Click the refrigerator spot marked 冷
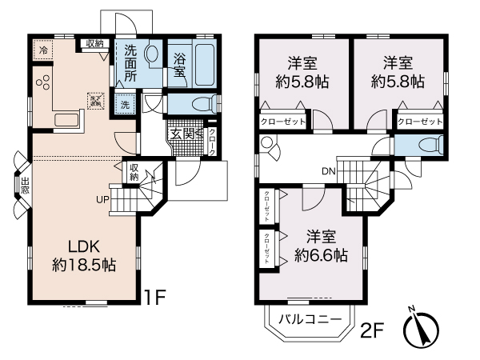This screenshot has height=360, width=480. pyautogui.click(x=42, y=49)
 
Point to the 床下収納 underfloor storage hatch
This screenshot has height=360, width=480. pyautogui.click(x=96, y=100)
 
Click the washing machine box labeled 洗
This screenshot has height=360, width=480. pyautogui.click(x=125, y=104)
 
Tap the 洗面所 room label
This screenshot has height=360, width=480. pyautogui.click(x=130, y=62)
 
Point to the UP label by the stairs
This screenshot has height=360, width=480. pyautogui.click(x=103, y=198)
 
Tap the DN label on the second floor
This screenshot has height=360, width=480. pyautogui.click(x=328, y=170)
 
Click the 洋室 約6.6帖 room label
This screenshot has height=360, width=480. pyautogui.click(x=320, y=246)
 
